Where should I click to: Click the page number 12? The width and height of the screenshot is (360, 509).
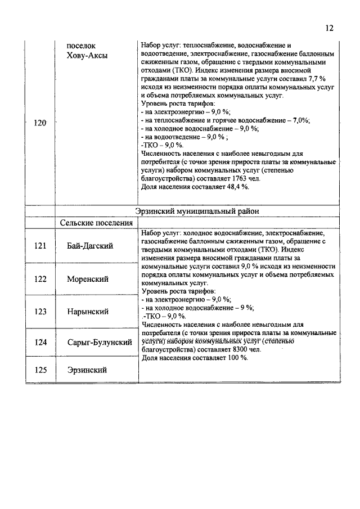click(x=330, y=28)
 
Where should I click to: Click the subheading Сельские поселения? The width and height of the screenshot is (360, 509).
click(x=96, y=223)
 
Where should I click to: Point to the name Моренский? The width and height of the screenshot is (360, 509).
click(x=88, y=279)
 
